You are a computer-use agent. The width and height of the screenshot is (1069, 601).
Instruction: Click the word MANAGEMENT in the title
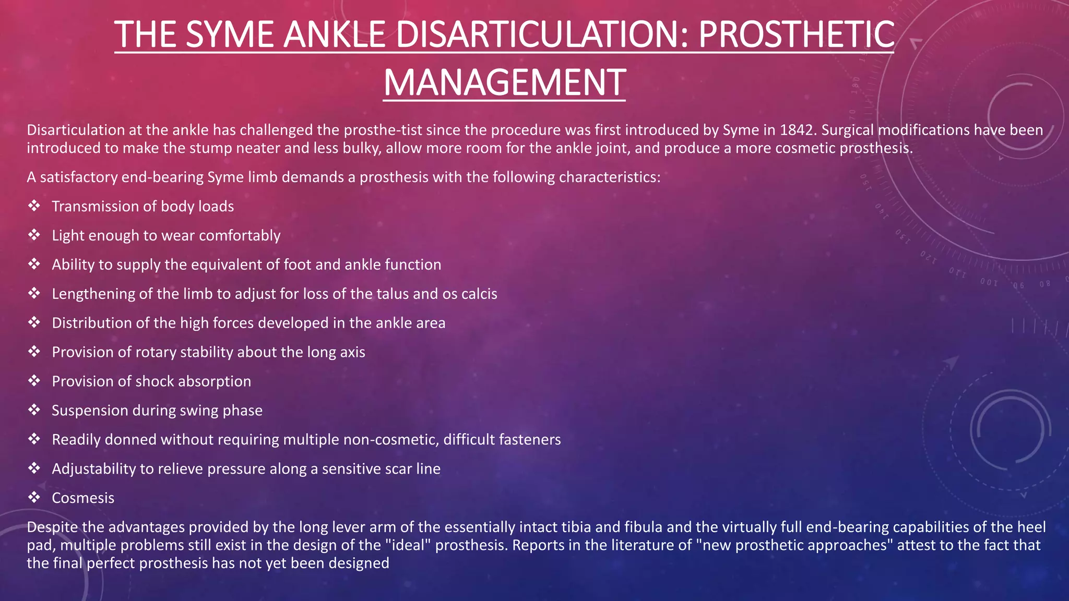504,82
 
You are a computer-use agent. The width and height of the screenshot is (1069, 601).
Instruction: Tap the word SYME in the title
229,34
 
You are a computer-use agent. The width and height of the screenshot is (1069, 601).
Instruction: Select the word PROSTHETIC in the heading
796,34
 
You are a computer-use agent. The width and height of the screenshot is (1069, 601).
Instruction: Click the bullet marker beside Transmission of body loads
34,206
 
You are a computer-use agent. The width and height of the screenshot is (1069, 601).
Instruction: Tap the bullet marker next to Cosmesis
34,498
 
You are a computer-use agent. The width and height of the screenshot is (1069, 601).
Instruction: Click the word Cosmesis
83,498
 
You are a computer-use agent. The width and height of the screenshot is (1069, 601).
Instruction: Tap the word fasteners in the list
530,440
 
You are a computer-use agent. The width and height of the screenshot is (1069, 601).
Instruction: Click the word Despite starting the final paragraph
51,527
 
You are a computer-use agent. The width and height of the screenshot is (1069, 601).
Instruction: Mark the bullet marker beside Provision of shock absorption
34,381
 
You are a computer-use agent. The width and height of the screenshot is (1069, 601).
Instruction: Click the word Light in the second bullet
68,236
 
